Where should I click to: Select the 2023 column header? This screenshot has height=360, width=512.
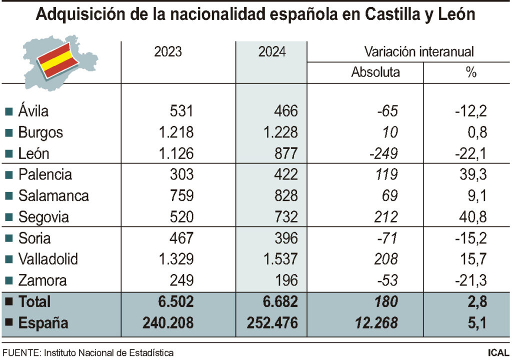tap(168, 52)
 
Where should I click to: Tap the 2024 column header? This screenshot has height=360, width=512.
tap(272, 52)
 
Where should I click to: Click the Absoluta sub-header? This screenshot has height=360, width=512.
tap(375, 72)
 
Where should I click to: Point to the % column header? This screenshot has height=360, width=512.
tap(471, 72)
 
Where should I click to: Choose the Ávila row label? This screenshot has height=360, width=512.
tap(33, 110)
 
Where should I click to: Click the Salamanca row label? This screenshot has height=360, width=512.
tap(53, 195)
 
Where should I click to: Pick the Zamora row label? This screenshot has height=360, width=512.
tap(42, 280)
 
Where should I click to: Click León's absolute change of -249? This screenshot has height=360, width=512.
tap(383, 153)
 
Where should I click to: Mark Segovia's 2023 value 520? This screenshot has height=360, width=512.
tap(180, 217)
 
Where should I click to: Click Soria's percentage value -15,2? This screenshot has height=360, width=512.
tap(470, 238)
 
